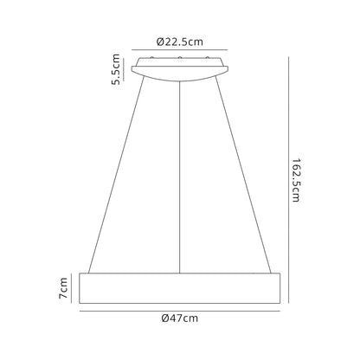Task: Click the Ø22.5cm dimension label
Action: point(180,42)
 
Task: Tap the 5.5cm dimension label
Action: point(116,69)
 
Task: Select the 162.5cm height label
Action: point(296,180)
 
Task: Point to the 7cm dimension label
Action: point(63,288)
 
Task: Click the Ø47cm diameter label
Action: point(180,318)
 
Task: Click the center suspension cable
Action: point(180,177)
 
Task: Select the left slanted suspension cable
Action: point(116,175)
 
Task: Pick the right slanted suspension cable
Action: point(243,175)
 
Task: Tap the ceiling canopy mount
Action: point(180,69)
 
